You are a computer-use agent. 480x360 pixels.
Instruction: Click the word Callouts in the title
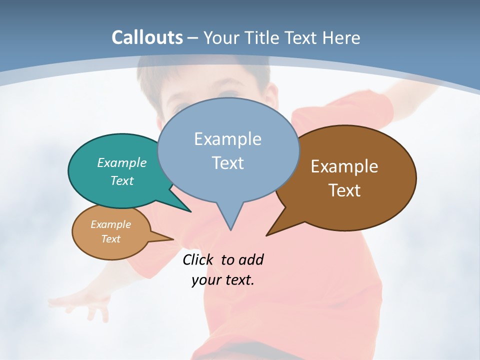click(147, 37)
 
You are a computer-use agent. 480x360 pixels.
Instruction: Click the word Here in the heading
click(341, 38)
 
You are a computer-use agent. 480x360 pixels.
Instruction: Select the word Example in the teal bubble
click(122, 162)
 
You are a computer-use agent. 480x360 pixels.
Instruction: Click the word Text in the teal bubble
click(122, 180)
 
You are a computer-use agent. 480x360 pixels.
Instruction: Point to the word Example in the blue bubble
click(227, 139)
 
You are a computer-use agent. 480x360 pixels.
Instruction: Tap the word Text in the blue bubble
click(227, 163)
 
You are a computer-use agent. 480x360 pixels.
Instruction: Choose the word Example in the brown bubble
click(344, 166)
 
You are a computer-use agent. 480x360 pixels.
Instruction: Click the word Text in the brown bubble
click(344, 190)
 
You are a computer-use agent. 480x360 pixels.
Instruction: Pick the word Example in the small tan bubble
click(110, 224)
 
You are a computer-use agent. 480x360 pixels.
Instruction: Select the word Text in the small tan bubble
click(110, 239)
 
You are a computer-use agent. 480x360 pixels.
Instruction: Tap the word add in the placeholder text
click(250, 260)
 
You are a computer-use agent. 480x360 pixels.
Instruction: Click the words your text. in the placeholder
click(223, 280)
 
